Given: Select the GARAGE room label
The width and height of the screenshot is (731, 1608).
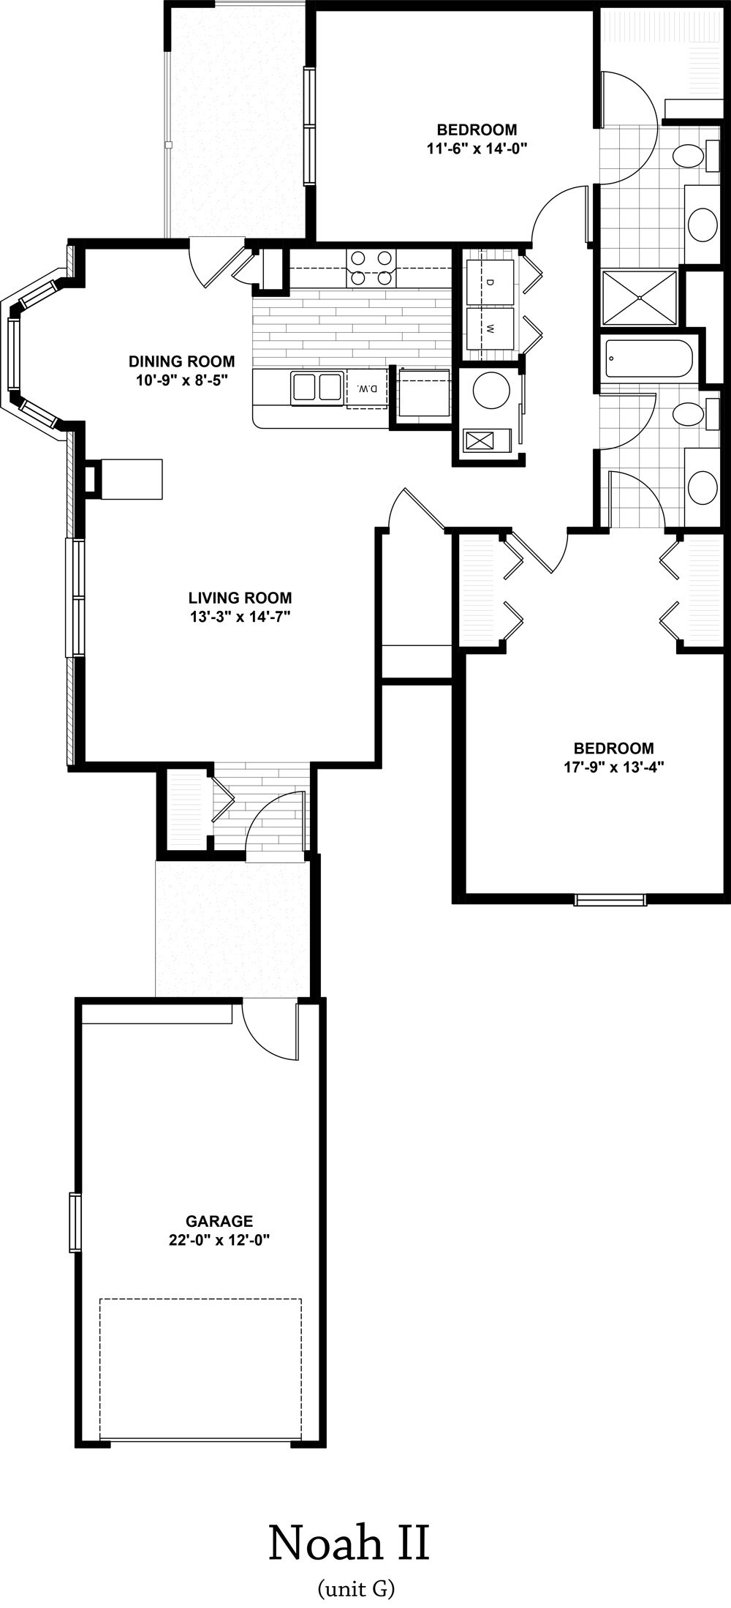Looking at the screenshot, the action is tap(219, 1221).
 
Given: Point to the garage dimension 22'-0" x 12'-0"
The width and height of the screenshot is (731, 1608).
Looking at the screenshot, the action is tap(219, 1239).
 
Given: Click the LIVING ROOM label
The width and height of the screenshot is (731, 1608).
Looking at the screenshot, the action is tap(240, 597).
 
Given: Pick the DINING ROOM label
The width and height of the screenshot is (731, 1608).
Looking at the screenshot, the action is tap(182, 361).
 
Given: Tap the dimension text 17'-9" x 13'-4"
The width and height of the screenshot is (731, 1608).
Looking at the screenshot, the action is tap(614, 767).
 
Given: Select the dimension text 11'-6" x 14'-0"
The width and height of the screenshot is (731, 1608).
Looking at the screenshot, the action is tap(477, 149).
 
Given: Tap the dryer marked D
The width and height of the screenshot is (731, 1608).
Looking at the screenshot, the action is tap(490, 282).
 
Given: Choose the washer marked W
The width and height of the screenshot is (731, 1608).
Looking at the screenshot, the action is tap(490, 329).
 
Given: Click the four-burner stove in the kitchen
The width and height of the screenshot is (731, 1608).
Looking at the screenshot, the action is tap(371, 267).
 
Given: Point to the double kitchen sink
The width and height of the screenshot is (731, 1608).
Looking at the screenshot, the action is tap(317, 387).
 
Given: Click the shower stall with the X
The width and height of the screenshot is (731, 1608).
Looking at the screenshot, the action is tap(640, 297).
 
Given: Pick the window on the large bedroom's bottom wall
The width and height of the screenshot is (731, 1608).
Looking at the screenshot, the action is tap(610, 900).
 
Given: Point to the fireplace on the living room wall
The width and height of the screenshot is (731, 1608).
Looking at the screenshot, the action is tap(124, 479).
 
